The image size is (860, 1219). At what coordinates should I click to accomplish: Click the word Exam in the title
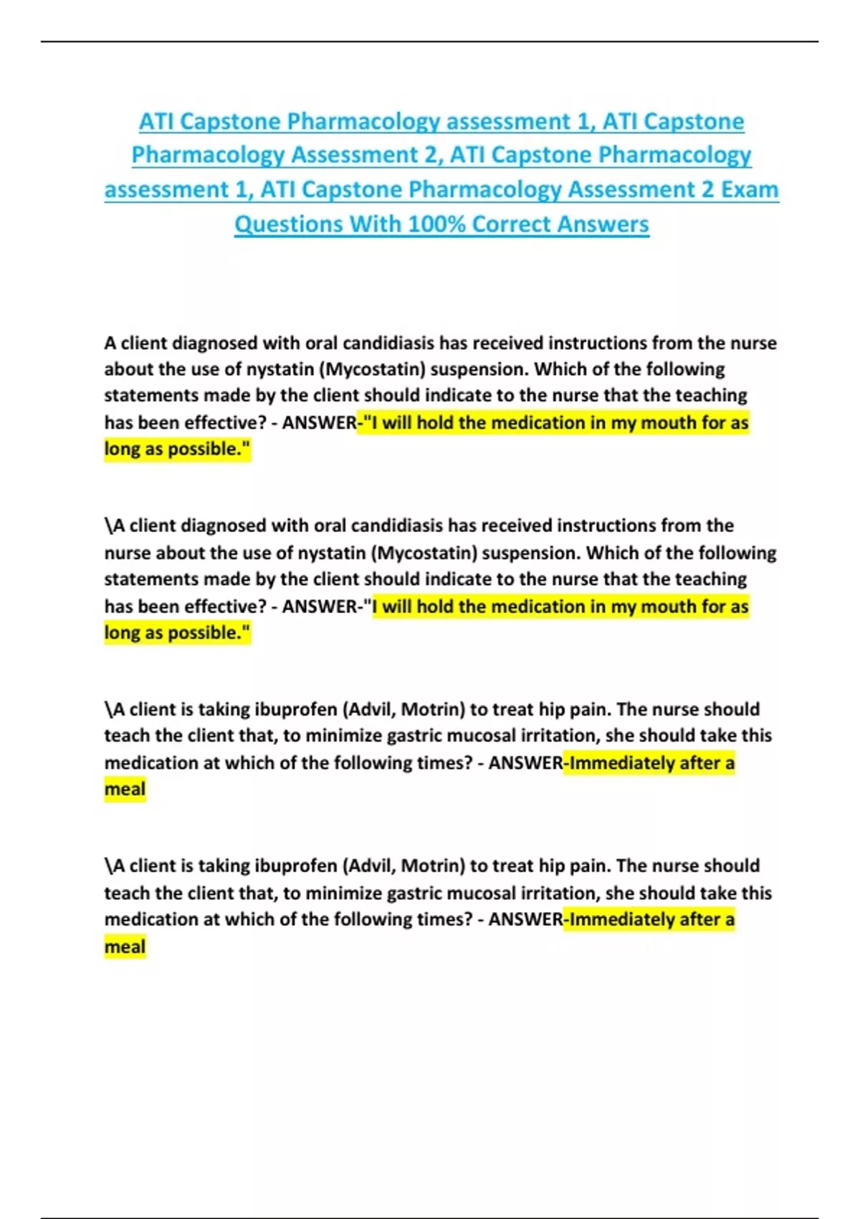click(750, 189)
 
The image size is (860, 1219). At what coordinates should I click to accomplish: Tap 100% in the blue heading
click(436, 224)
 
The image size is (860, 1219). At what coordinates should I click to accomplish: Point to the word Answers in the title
click(603, 224)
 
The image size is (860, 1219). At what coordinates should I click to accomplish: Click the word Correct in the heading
click(511, 224)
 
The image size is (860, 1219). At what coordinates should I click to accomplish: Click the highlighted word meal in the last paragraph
click(125, 947)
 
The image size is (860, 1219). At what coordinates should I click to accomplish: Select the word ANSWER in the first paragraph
click(319, 423)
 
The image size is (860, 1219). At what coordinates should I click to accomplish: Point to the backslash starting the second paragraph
click(107, 526)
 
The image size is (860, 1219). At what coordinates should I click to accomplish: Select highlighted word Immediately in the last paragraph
click(622, 919)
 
